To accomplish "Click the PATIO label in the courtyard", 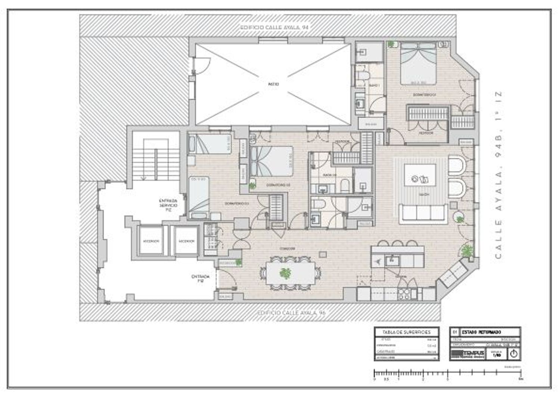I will (x=273, y=84).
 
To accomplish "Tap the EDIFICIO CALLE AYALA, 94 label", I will (x=274, y=28).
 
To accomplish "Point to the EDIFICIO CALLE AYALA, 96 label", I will (x=291, y=313).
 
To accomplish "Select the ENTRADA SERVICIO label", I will (x=168, y=205).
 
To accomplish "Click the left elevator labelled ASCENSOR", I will (x=151, y=241).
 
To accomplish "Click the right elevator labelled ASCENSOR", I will (x=186, y=241).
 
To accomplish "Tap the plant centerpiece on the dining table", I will (x=286, y=273).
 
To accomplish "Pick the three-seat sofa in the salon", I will (x=423, y=213).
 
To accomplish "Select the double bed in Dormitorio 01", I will (x=418, y=64).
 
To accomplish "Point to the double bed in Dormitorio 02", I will (x=272, y=161).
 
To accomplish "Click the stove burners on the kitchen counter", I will (x=404, y=294).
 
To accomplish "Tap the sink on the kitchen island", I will (x=392, y=260).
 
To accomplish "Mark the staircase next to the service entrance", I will (x=156, y=160).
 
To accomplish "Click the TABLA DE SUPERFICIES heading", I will (x=406, y=332).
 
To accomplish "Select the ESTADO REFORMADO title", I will (x=481, y=332).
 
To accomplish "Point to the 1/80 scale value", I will (x=497, y=355).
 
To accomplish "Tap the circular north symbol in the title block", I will (x=514, y=354).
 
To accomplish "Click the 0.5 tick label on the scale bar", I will (x=386, y=379).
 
